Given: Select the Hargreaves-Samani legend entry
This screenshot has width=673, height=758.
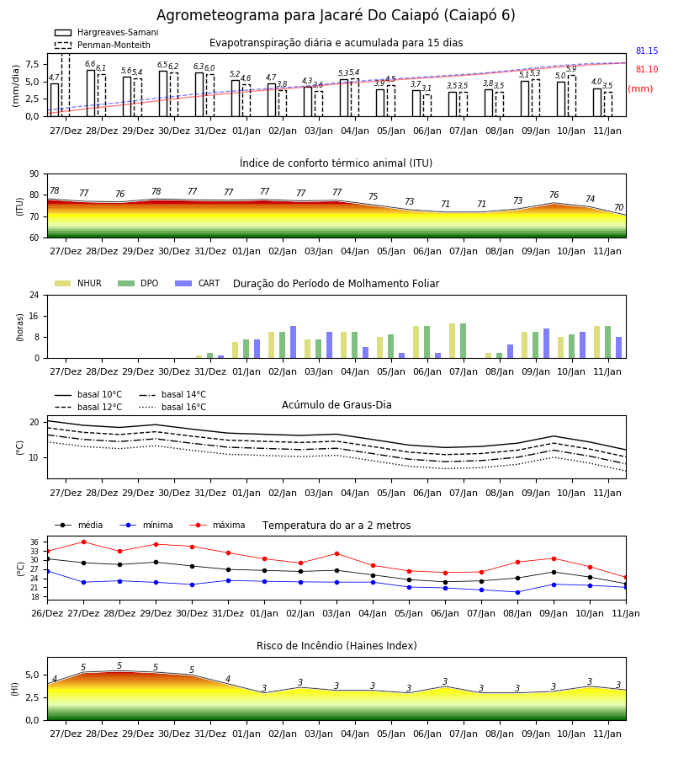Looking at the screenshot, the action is tap(107, 32).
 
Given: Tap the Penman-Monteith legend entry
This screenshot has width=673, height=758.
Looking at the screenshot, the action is tap(103, 45).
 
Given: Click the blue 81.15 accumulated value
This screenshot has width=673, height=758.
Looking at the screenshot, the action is tap(647, 51).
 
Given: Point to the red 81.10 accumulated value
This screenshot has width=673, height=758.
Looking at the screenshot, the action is tap(647, 69).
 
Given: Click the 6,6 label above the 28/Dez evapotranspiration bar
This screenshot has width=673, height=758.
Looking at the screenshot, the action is tap(90, 64).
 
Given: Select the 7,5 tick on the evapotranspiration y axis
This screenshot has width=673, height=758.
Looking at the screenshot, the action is tap(32, 64).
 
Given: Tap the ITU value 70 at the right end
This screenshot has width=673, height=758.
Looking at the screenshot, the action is tap(618, 207).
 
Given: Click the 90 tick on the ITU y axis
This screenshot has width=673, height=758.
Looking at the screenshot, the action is tap(34, 174).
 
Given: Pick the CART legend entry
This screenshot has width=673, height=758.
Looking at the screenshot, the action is tap(198, 283).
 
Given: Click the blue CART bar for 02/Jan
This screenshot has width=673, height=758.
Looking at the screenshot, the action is tap(293, 342).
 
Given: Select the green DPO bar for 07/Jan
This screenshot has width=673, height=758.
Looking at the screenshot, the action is tap(463, 341).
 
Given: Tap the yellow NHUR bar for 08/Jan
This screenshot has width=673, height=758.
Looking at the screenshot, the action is tap(489, 355).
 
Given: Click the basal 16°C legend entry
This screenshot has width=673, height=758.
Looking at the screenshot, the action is tap(172, 407).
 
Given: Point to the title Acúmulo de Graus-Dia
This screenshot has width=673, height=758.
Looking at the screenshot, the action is tap(336, 405).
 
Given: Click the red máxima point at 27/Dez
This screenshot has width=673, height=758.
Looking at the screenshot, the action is tap(83, 542).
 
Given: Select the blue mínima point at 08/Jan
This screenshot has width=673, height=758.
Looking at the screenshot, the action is tap(517, 592).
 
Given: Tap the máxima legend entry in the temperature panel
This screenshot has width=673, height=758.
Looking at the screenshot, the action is tap(217, 525).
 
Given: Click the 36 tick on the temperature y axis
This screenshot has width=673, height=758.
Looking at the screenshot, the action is tap(34, 542).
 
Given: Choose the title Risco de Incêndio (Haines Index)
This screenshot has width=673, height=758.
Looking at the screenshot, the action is tap(336, 646).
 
